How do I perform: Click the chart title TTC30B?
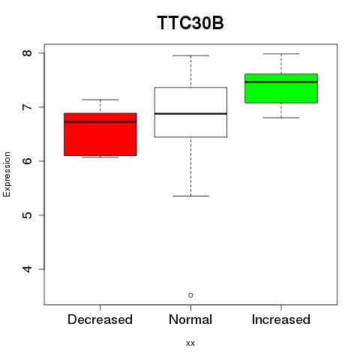[190, 22]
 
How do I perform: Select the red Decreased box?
[100, 134]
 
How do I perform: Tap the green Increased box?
[281, 88]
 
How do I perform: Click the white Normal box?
[190, 112]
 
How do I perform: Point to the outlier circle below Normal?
[190, 295]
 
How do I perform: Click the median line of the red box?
[100, 121]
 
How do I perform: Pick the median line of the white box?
[190, 114]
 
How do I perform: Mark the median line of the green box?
[281, 82]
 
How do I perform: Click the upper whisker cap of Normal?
[190, 55]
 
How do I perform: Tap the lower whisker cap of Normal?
[190, 196]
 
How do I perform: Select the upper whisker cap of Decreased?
[100, 100]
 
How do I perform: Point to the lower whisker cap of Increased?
[281, 118]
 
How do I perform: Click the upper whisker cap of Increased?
[281, 54]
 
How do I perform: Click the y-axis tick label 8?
[27, 53]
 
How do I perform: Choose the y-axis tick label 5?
[27, 215]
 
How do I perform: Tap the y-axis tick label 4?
[27, 269]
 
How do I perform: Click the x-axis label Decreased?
[100, 319]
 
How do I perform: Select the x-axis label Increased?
[281, 319]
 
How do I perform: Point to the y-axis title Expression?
[7, 174]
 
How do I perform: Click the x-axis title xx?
[190, 343]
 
